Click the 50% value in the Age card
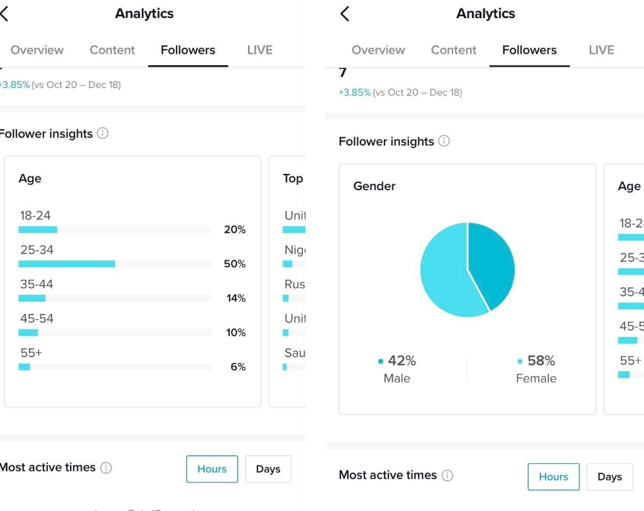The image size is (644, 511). tap(234, 264)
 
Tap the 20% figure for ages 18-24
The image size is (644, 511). tap(234, 230)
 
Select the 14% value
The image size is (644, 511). tap(236, 298)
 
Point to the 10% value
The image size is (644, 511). tap(235, 332)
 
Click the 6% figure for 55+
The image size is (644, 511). tap(238, 367)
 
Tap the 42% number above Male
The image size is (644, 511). tap(401, 361)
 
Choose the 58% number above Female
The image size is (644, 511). tap(541, 361)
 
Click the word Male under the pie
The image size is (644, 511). tap(397, 378)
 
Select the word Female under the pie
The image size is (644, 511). tap(536, 378)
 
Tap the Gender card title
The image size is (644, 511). tap(374, 186)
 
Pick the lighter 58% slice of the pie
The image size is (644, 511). tap(447, 275)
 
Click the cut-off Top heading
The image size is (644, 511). tap(293, 179)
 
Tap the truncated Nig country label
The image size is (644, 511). tap(294, 250)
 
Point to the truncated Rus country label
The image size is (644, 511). tap(294, 284)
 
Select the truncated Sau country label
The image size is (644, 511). tap(294, 353)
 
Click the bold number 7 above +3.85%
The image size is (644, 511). tap(343, 73)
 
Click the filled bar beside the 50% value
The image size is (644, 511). tap(67, 264)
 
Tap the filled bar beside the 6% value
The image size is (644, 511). tap(24, 367)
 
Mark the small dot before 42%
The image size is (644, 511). tap(381, 362)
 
